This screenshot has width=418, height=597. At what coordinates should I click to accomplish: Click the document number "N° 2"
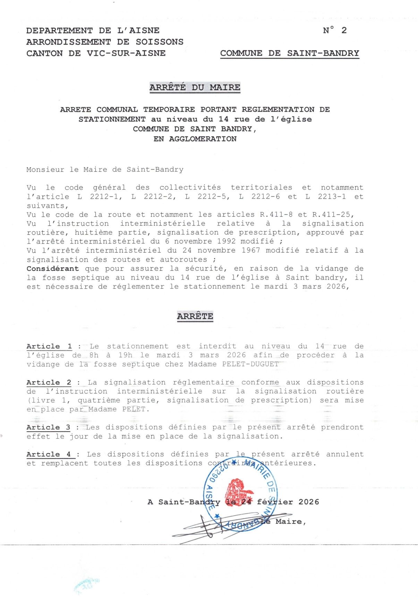[x=334, y=31]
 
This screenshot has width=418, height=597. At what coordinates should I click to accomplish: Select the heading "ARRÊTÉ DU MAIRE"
[x=195, y=87]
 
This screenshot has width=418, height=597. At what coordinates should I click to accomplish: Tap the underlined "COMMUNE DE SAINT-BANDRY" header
[x=289, y=54]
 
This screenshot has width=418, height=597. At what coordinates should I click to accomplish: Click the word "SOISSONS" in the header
[x=160, y=42]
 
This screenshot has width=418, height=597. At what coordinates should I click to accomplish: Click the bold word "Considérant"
[x=53, y=269]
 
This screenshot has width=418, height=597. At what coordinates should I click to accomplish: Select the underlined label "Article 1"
[x=49, y=346]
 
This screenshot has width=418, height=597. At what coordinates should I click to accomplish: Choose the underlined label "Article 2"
[x=49, y=383]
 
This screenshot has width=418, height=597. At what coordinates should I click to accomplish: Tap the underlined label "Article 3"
[x=49, y=427]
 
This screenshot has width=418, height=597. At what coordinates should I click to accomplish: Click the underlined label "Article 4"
[x=49, y=455]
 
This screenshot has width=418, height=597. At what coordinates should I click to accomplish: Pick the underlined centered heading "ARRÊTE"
[x=195, y=316]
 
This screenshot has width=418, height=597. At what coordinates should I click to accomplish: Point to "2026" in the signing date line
[x=308, y=502]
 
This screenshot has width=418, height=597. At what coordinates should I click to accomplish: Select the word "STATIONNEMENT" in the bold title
[x=112, y=120]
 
